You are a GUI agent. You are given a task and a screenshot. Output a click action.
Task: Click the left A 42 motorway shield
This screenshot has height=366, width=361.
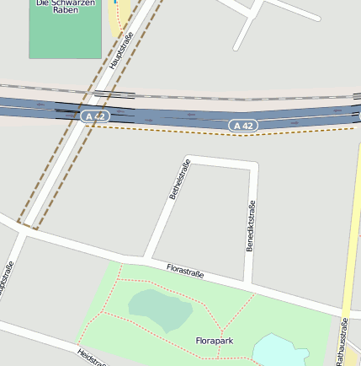(96, 116)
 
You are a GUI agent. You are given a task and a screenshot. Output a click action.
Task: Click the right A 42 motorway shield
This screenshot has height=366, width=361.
(242, 125)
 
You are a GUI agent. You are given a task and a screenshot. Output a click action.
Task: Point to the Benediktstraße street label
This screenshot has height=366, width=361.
(251, 226)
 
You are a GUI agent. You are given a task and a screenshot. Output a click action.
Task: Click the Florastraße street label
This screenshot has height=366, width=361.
(186, 272)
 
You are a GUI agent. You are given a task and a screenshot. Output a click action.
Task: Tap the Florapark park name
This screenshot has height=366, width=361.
(214, 341)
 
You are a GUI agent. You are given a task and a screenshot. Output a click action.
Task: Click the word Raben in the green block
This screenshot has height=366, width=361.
(65, 10)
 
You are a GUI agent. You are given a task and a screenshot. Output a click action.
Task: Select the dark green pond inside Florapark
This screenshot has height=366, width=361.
(159, 309)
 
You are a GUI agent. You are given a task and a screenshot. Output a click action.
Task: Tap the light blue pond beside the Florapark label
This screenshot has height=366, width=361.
(280, 350)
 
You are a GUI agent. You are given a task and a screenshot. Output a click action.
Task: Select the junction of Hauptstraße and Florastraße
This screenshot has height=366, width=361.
(23, 229)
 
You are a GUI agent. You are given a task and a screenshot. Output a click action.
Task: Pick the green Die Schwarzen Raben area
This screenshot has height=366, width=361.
(64, 34)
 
